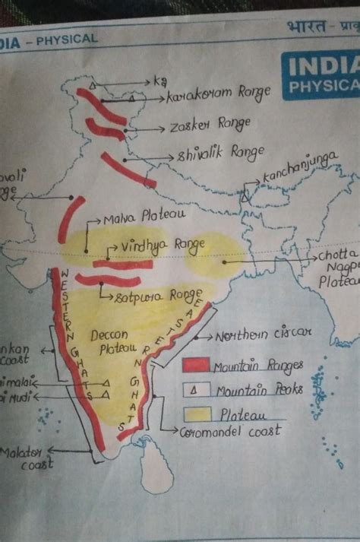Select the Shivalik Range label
pyautogui.click(x=220, y=154)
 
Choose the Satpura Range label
pyautogui.click(x=159, y=296)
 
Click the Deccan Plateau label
pyautogui.click(x=114, y=342)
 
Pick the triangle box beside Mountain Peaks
pyautogui.click(x=195, y=391)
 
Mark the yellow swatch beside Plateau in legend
pyautogui.click(x=195, y=416)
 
